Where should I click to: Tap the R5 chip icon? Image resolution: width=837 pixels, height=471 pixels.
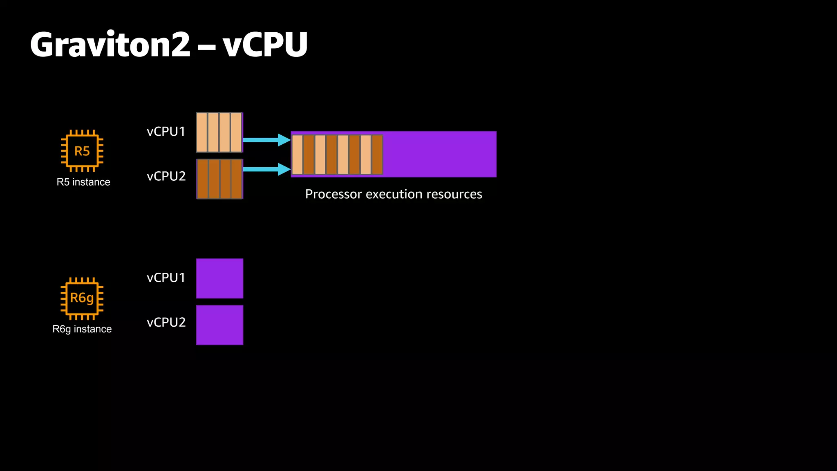tap(82, 151)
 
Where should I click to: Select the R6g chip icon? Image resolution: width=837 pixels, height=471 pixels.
tap(82, 298)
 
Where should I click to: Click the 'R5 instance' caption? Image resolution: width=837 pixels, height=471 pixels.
tap(83, 182)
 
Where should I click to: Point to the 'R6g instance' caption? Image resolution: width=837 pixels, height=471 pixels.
tap(82, 329)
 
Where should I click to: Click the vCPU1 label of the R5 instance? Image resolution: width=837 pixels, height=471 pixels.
tap(166, 132)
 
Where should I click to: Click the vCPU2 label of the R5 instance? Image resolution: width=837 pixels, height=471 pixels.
tap(166, 176)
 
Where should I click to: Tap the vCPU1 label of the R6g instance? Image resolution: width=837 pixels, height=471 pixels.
tap(166, 278)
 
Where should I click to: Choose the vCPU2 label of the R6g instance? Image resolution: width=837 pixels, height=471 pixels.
tap(166, 322)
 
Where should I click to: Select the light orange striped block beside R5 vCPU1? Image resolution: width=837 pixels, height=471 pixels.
tap(219, 132)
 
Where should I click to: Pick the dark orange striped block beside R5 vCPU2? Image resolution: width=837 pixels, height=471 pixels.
tap(219, 179)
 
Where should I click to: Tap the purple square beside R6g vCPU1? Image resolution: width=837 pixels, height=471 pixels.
tap(219, 278)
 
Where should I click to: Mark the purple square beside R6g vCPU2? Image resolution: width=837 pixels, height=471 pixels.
tap(219, 325)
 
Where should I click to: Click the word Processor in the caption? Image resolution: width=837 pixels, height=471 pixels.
tap(333, 194)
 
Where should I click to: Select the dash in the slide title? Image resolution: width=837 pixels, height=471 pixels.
tap(206, 46)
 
